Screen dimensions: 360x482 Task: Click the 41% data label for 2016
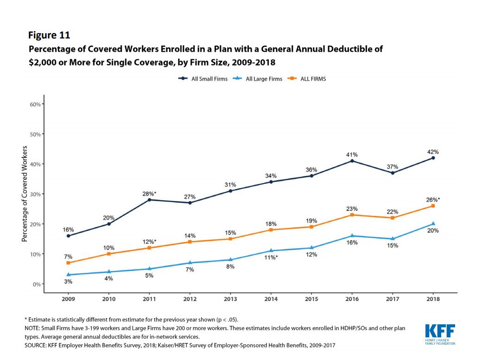click(x=352, y=154)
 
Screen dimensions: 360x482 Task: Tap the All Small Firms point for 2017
click(x=393, y=173)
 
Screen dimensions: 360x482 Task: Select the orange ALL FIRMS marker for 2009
click(x=69, y=263)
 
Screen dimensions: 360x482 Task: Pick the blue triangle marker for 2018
click(x=433, y=223)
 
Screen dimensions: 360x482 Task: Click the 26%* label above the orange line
click(x=433, y=200)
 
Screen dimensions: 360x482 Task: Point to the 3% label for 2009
click(x=69, y=281)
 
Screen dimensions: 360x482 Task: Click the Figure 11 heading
click(x=49, y=35)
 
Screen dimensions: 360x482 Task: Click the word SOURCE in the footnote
click(x=36, y=345)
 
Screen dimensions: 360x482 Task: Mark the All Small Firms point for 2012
click(x=190, y=202)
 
